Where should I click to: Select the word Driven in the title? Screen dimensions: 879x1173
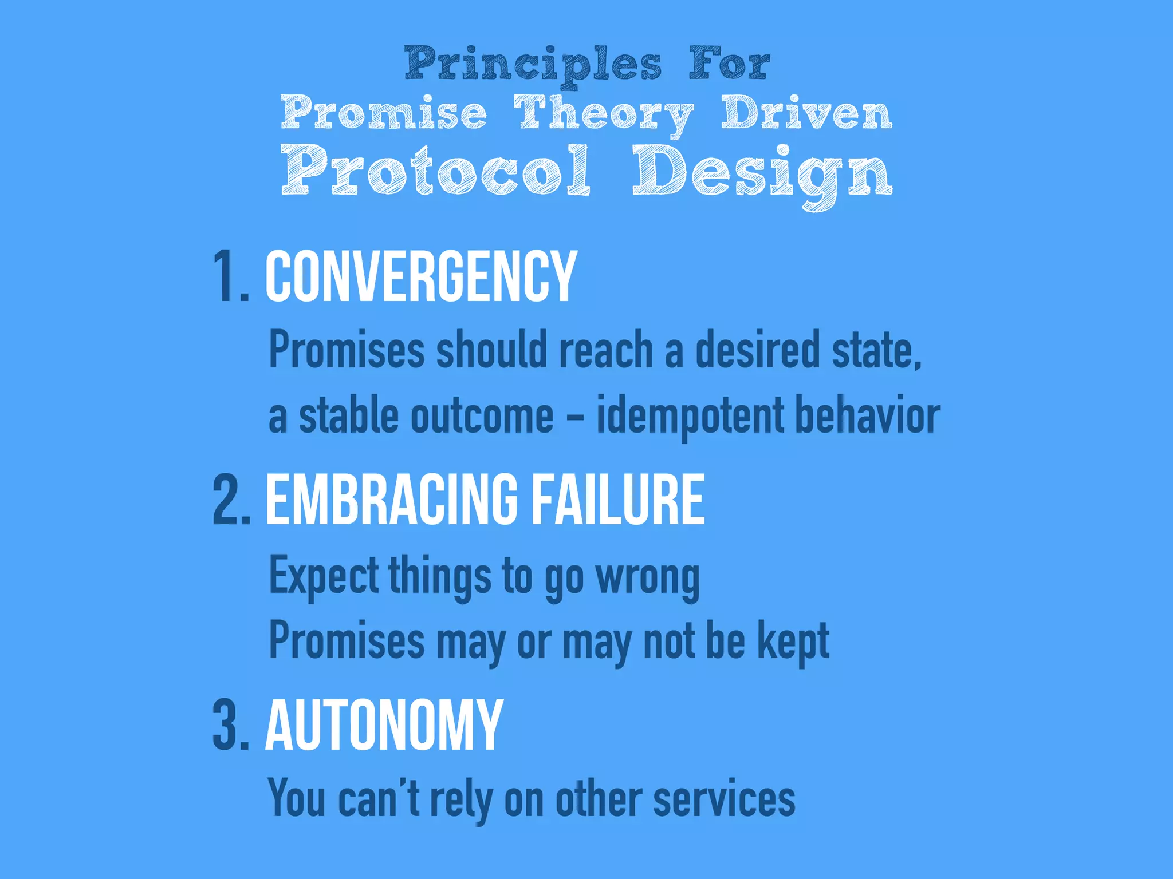point(806,113)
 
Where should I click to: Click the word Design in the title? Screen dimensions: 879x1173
point(762,172)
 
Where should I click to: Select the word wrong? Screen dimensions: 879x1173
point(647,577)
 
